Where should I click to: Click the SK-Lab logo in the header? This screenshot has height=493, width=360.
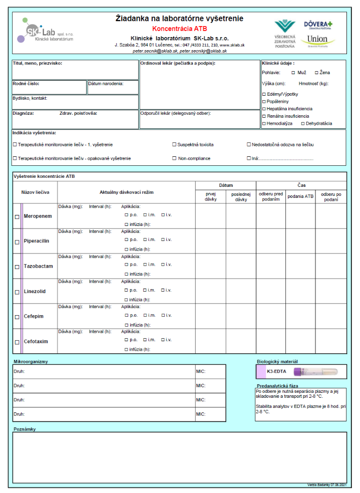tap(48, 32)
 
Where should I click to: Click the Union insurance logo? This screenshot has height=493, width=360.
tap(317, 40)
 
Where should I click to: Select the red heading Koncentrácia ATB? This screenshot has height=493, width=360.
tap(179, 29)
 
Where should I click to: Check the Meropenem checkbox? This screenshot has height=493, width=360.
tap(17, 217)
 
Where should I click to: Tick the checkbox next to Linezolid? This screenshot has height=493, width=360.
tap(17, 292)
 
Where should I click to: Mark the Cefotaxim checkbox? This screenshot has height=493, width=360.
tap(17, 342)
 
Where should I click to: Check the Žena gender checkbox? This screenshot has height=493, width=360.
tap(316, 73)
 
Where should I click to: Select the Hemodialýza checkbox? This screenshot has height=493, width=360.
tap(264, 123)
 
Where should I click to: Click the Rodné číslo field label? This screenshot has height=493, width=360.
tap(26, 84)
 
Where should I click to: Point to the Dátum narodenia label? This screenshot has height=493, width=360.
tap(106, 84)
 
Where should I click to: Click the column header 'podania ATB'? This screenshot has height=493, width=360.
tap(300, 196)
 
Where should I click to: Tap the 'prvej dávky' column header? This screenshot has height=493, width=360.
tap(210, 196)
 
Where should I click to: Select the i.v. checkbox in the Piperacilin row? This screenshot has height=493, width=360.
tap(163, 239)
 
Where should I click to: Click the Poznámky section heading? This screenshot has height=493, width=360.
tap(25, 429)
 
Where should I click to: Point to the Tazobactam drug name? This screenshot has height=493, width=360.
tap(38, 266)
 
